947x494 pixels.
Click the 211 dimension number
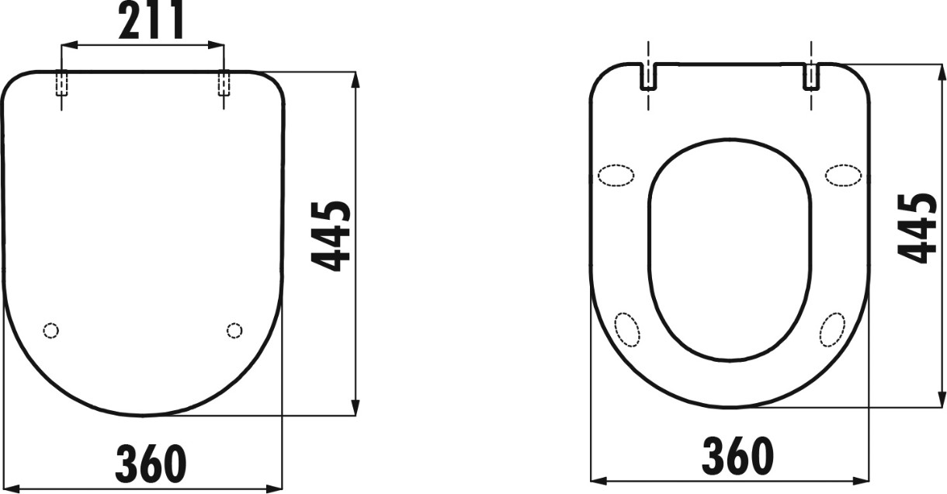[x=151, y=19]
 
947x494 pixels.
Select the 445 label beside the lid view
[x=331, y=236]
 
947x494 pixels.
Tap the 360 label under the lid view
[x=151, y=463]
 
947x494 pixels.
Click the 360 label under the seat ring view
[x=737, y=457]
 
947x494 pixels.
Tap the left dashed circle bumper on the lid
[x=51, y=330]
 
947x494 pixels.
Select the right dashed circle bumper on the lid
[x=234, y=330]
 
